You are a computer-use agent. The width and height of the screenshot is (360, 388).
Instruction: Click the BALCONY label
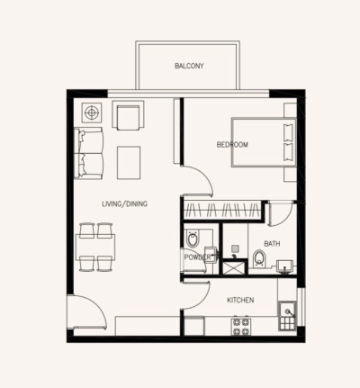(188, 66)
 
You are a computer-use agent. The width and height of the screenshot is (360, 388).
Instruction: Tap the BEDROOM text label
(231, 145)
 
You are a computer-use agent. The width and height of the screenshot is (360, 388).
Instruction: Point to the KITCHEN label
(240, 300)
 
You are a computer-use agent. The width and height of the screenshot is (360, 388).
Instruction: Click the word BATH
(273, 243)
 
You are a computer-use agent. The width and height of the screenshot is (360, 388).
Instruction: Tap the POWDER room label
(198, 257)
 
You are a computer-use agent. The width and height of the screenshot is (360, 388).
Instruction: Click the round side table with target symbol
(91, 113)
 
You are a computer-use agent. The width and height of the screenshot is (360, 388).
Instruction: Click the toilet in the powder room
(193, 239)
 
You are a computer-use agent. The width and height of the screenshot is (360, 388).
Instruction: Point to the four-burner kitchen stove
(241, 326)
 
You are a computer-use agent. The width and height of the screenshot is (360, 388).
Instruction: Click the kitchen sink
(287, 317)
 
